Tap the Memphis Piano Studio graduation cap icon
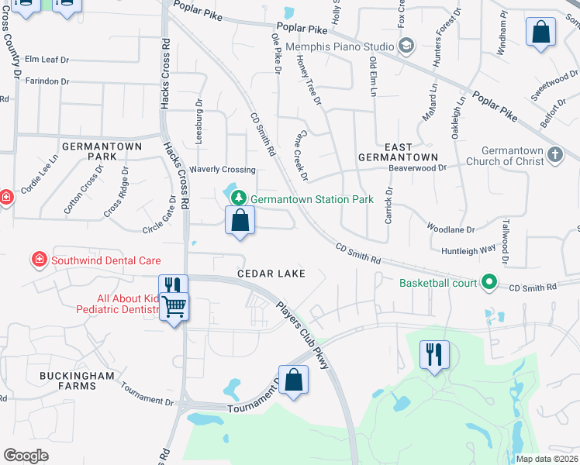pos(405,46)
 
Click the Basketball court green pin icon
pos(489,283)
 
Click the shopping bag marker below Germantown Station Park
pos(240,220)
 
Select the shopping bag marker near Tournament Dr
pos(293,380)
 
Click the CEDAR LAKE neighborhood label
pos(271,274)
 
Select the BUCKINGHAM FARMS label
pos(78,381)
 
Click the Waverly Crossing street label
pos(223,170)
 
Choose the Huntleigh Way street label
pos(468,250)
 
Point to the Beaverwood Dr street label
pos(418,167)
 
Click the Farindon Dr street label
pos(47,81)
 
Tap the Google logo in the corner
pos(26,456)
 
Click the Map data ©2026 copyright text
pos(547,459)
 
